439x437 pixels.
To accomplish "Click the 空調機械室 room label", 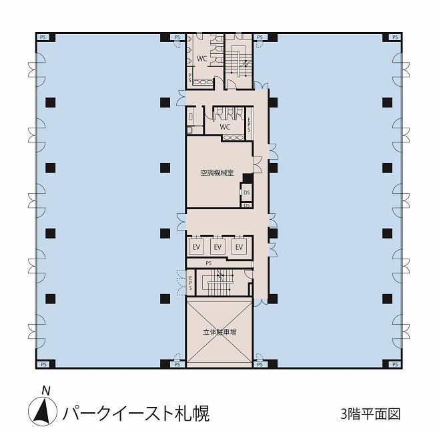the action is [217, 172].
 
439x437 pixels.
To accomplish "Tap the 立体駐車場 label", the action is [220, 332].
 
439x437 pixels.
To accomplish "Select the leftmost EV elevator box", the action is [196, 247].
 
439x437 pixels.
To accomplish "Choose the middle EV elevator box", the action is [217, 247].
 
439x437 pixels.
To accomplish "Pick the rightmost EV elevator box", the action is [239, 247].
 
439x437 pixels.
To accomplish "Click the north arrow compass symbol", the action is [43, 411].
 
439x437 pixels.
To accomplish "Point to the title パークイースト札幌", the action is [136, 414].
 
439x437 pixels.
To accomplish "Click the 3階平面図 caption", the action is [370, 414].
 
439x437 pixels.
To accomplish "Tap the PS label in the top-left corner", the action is [43, 37].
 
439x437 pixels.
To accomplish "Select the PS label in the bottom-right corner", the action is [395, 364].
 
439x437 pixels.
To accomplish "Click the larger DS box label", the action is [247, 192].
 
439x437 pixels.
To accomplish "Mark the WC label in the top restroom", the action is [201, 59].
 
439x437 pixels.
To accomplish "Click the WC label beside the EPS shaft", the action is [225, 127].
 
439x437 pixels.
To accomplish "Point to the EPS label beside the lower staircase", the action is [190, 283].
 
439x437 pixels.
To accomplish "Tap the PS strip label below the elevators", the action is [208, 263].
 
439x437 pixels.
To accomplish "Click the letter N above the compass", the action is [45, 390].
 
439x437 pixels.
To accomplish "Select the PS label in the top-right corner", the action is [395, 37].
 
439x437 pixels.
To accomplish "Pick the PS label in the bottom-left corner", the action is [43, 364].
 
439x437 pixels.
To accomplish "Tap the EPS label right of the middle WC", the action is [249, 124].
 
